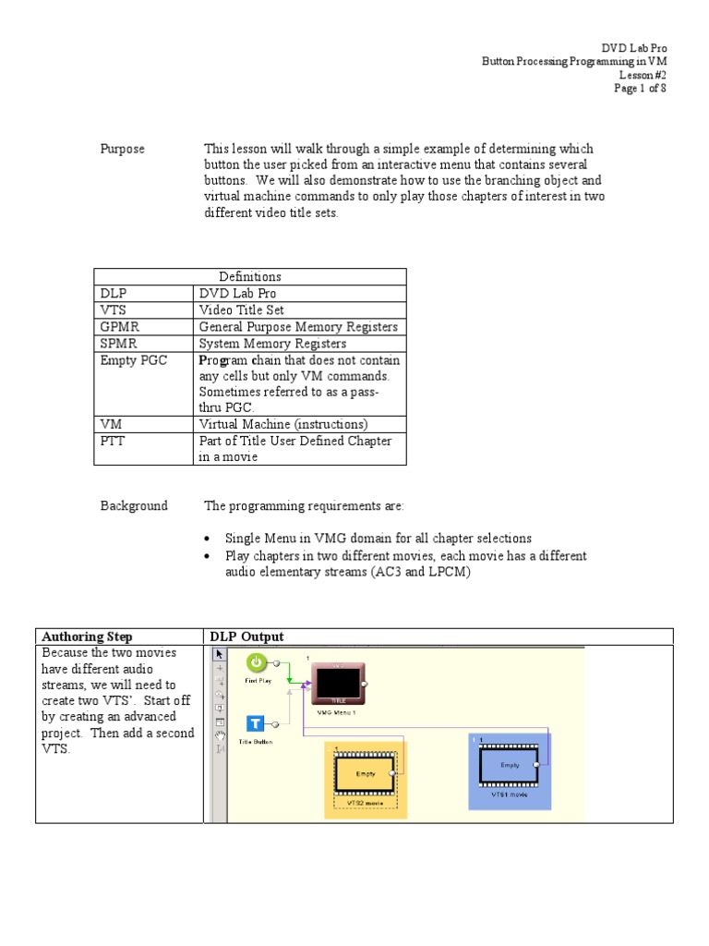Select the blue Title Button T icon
click(x=256, y=725)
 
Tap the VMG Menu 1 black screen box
click(x=337, y=685)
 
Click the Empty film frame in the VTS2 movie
click(x=366, y=774)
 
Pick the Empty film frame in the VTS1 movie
click(x=510, y=765)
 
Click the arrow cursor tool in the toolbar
click(x=220, y=655)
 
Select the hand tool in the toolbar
click(x=220, y=735)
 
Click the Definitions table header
click(x=249, y=277)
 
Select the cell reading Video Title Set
click(x=241, y=310)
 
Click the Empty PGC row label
click(x=133, y=360)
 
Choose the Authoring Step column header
click(x=87, y=637)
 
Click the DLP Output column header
click(x=246, y=637)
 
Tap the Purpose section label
click(x=122, y=149)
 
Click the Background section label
click(x=134, y=505)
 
